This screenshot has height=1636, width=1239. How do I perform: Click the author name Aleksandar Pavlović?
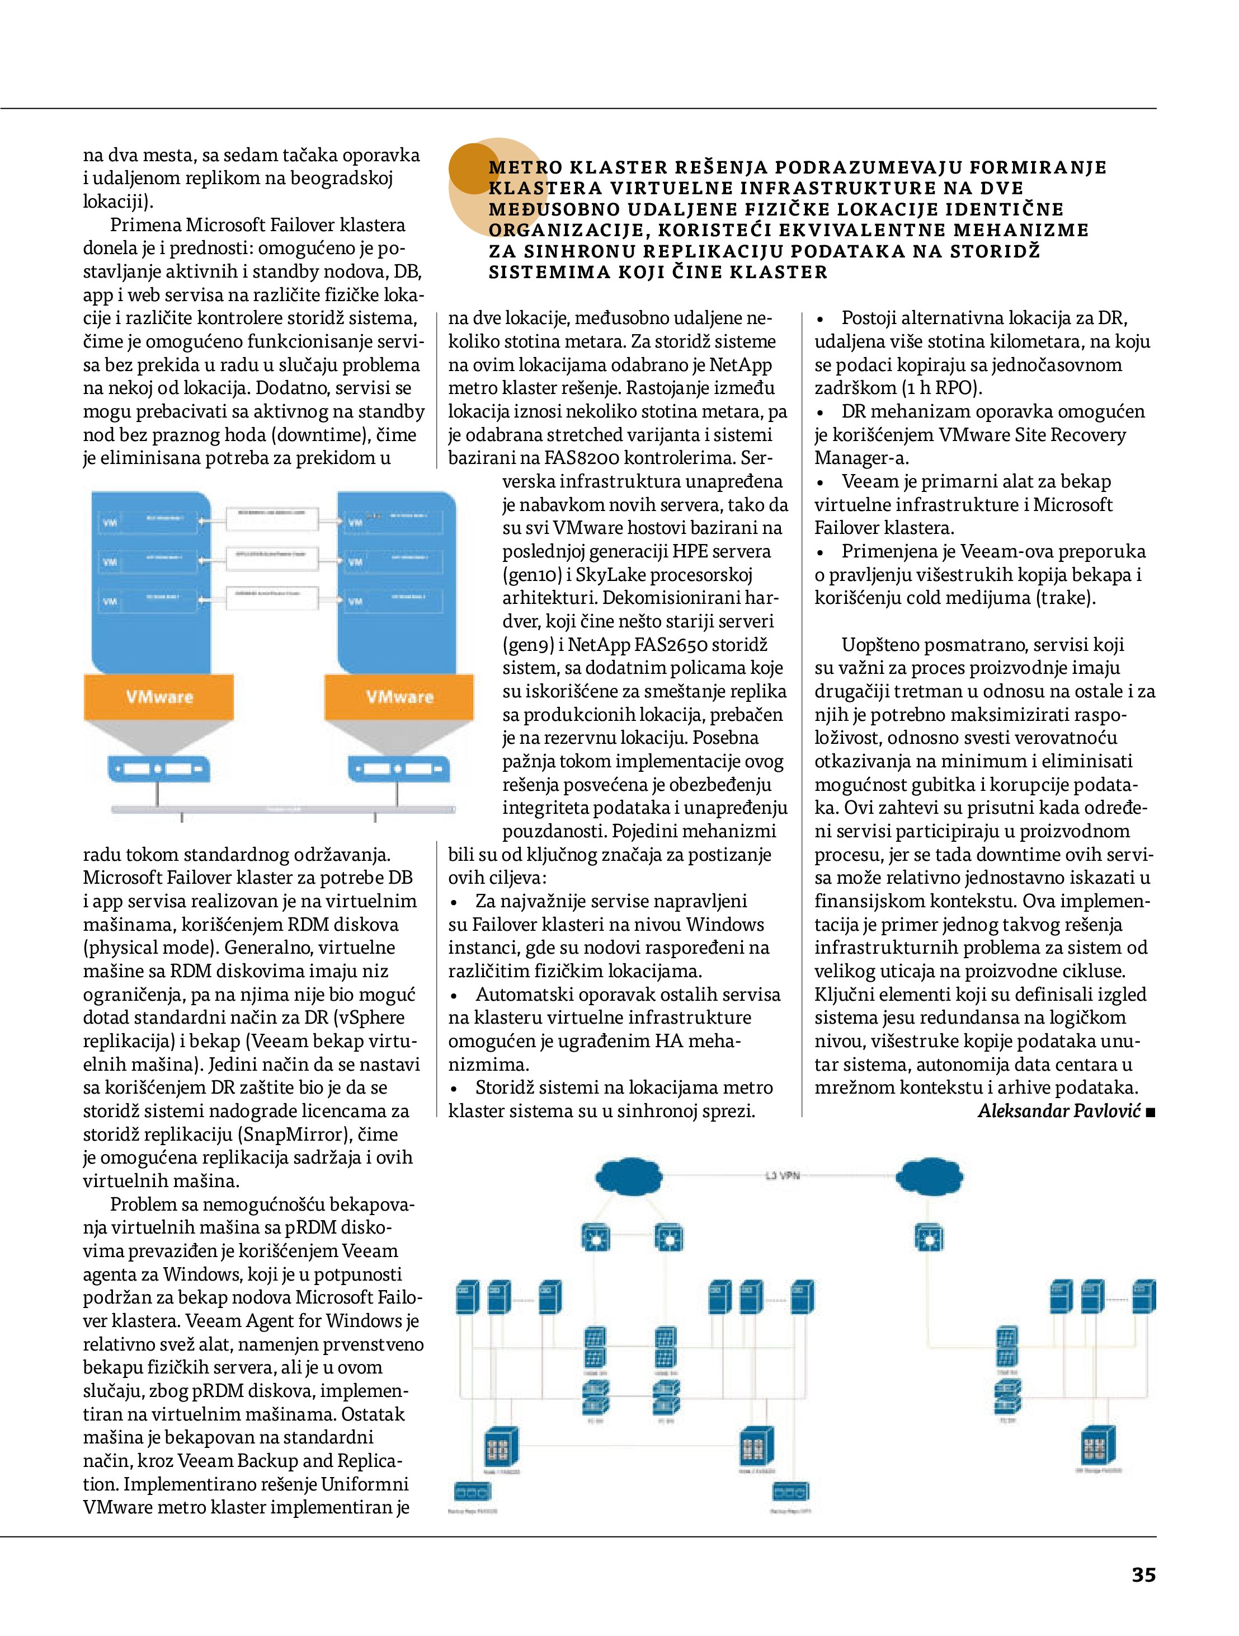[x=1059, y=1111]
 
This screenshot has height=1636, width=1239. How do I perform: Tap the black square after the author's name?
[x=1150, y=1112]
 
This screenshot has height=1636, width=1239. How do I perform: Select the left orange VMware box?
[x=159, y=697]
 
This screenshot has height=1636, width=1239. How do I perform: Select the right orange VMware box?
[x=399, y=697]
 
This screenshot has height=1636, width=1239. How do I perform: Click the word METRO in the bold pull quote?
[x=526, y=167]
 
